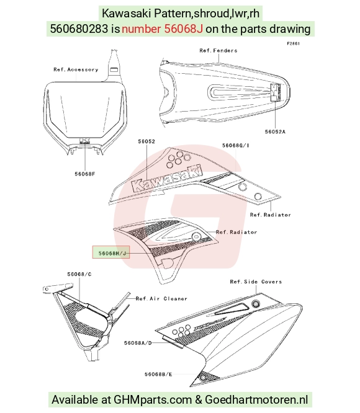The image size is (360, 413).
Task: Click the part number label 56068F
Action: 84,174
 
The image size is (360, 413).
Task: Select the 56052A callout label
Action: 275,131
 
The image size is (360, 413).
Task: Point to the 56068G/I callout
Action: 235,145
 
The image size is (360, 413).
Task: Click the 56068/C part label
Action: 79,274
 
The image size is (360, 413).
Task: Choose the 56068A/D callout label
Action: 138,343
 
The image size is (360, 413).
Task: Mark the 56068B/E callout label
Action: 158,375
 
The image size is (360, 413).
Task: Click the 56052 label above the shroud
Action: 146,141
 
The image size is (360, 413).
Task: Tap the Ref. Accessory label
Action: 76,69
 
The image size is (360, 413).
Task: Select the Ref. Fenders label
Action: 218,51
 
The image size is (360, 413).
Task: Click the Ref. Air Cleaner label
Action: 161,299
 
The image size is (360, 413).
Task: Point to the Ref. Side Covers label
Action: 256,282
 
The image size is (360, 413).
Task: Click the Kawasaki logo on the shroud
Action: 168,178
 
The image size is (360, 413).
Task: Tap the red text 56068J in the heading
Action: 184,29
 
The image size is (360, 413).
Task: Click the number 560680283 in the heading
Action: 79,29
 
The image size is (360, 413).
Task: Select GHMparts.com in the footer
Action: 153,399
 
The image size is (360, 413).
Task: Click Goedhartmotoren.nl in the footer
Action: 256,399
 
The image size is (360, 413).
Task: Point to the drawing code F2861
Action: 293,43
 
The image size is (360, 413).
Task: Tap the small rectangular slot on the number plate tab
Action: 114,70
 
